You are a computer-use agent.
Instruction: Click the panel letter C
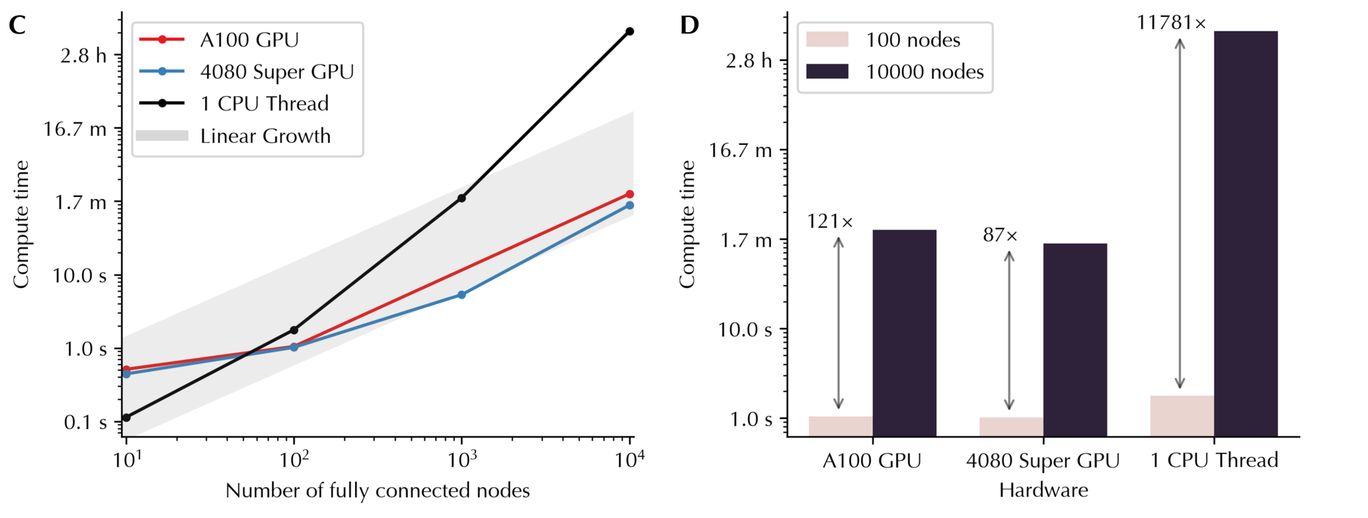coord(17,26)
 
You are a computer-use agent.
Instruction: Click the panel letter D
coord(689,26)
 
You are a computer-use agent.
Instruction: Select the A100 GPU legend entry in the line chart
coord(249,40)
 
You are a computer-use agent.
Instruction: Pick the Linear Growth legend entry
coord(265,136)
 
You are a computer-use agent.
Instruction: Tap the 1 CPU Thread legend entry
coord(264,104)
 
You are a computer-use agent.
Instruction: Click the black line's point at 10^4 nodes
coord(630,31)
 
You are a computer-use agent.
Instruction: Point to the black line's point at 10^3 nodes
coord(462,198)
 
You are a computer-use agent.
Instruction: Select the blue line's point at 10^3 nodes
coord(462,295)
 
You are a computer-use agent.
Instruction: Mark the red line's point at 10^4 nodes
coord(630,194)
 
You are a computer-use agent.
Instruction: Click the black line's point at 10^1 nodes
coord(126,418)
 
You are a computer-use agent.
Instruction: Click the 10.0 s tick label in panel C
coord(79,276)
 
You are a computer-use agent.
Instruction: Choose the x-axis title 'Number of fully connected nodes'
coord(378,491)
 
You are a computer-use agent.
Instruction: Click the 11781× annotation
coord(1171,23)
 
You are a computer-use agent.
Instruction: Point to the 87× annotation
coord(1000,236)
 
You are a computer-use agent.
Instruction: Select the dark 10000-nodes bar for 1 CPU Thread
coord(1246,232)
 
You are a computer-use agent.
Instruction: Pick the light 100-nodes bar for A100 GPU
coord(841,426)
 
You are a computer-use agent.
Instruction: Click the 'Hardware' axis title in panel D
coord(1043,491)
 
